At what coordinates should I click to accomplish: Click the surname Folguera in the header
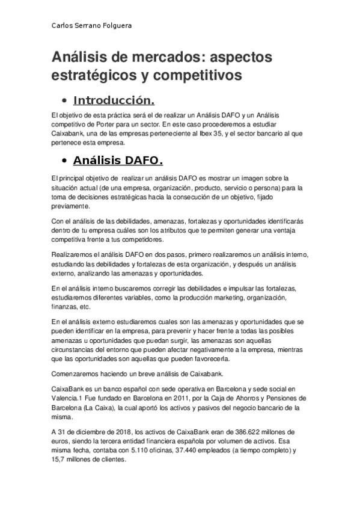pyautogui.click(x=115, y=26)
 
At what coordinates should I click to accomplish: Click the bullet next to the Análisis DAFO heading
pyautogui.click(x=63, y=162)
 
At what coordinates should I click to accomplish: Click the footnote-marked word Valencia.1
pyautogui.click(x=67, y=398)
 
